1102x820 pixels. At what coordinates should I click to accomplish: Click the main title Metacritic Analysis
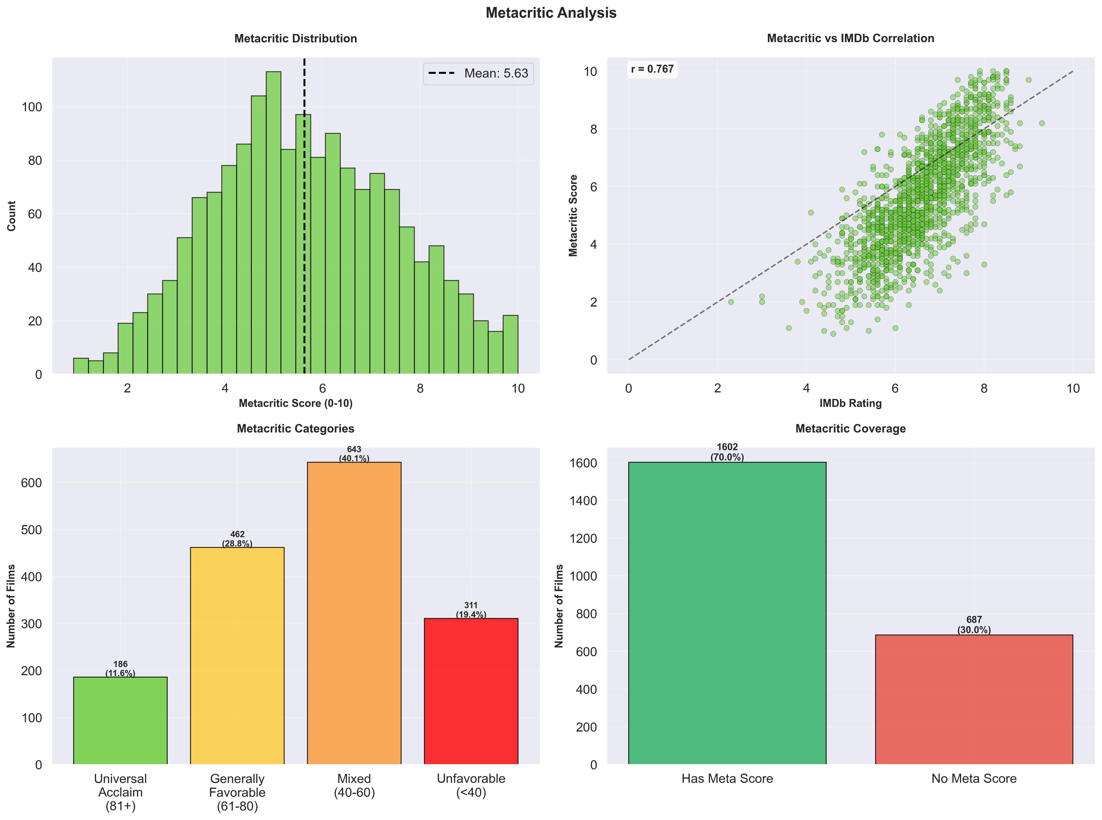551,13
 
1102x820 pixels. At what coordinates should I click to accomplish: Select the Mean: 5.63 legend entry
478,74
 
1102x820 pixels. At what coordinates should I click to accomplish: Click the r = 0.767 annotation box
652,69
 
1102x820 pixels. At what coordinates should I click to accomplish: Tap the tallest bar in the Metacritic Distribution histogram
273,223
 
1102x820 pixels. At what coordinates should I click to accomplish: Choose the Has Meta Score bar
727,613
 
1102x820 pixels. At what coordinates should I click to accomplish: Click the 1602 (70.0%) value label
727,452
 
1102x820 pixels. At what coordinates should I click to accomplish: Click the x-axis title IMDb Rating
850,403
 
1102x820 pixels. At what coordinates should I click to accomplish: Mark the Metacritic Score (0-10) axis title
296,403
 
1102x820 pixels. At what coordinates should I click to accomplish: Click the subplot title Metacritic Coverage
850,428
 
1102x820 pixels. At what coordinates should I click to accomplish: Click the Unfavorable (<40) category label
471,785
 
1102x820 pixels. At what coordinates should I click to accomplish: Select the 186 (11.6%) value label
120,669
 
